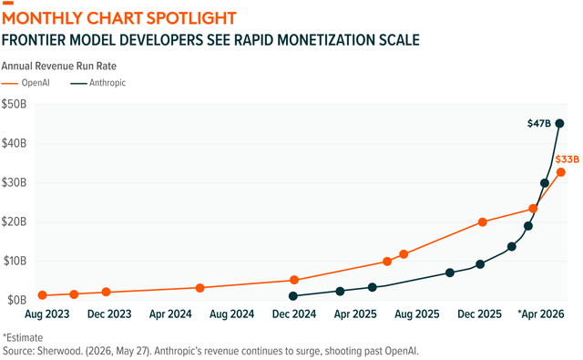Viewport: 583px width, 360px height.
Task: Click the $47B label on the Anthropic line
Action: point(539,123)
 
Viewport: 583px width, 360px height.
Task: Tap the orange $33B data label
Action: point(568,159)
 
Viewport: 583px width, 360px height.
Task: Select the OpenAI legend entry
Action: point(26,83)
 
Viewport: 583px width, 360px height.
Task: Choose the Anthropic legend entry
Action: point(98,83)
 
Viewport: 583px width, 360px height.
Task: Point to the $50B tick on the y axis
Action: point(15,104)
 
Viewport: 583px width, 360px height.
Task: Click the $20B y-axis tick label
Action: point(15,221)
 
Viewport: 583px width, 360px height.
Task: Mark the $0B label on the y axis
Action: point(15,300)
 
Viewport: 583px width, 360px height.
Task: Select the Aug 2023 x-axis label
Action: point(47,314)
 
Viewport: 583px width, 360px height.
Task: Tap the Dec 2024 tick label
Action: point(294,314)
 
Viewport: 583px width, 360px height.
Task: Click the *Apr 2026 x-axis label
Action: point(541,314)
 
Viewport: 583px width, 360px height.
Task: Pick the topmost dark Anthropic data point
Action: point(559,123)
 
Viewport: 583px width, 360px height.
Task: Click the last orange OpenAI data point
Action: point(561,172)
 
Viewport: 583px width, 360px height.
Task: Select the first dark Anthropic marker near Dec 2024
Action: point(293,296)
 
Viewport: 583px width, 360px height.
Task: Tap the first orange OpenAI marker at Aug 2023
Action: point(43,295)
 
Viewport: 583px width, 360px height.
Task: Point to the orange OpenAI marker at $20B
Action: point(482,222)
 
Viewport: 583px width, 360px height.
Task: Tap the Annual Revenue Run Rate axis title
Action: point(58,67)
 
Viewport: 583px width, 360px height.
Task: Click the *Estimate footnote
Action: point(23,338)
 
